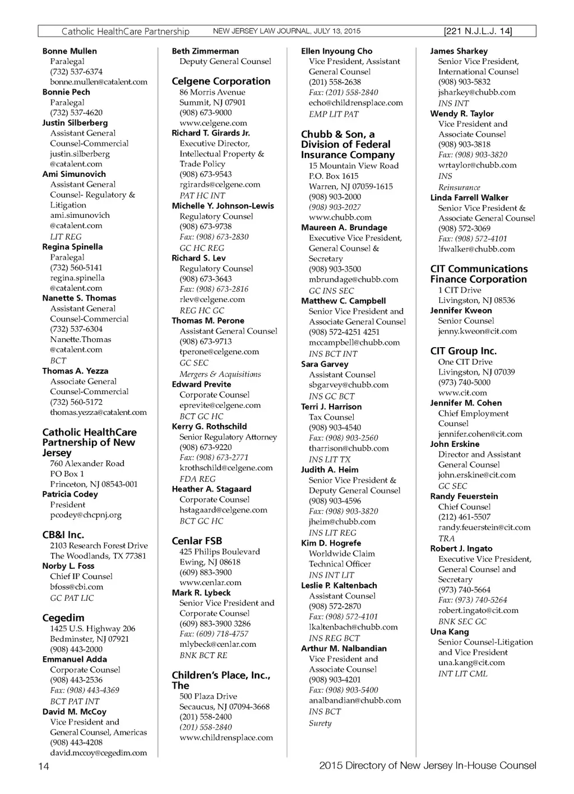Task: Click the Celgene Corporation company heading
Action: click(221, 81)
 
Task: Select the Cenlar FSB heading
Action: click(197, 541)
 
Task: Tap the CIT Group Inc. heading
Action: click(463, 351)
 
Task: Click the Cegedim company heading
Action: click(63, 618)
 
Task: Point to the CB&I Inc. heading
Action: click(63, 535)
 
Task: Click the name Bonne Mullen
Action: click(70, 51)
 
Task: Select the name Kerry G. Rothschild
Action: click(209, 427)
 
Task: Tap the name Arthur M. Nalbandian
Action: click(344, 648)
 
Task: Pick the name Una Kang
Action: click(450, 632)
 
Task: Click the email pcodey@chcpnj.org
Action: click(86, 515)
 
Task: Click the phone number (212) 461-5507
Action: click(464, 517)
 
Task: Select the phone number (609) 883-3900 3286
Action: click(215, 624)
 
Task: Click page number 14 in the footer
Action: click(44, 767)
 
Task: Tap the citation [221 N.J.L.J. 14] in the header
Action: click(478, 31)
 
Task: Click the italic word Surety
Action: click(320, 723)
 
